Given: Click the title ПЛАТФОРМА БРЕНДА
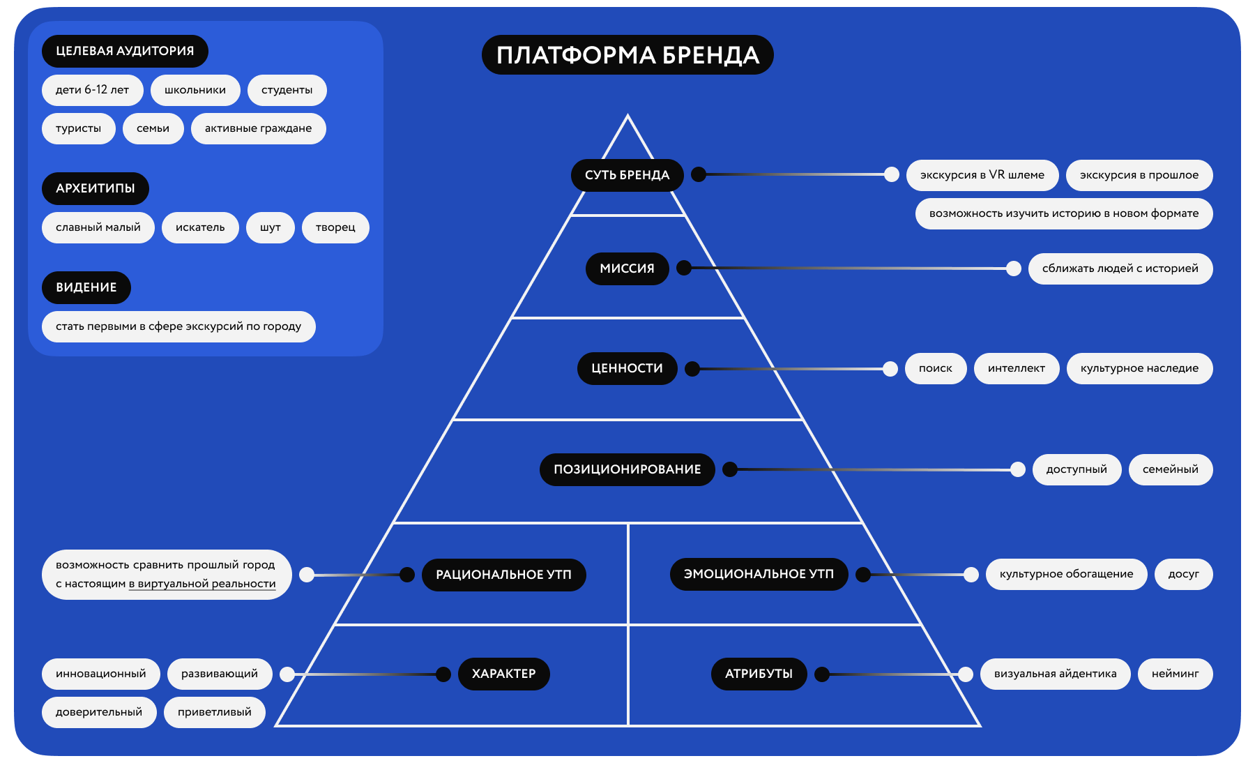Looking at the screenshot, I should (627, 55).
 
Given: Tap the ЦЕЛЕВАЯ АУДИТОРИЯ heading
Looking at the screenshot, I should (125, 51).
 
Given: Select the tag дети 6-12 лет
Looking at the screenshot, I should (92, 90).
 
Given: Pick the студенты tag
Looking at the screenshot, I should (287, 90).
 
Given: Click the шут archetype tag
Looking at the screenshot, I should (270, 227).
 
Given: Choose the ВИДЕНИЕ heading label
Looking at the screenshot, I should (86, 287).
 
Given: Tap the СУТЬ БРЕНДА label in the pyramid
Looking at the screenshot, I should (627, 175).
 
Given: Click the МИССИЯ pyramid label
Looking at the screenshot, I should (627, 269).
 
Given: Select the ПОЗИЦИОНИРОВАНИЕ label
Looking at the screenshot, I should (627, 469).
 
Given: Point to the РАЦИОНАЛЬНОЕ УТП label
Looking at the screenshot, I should (503, 575).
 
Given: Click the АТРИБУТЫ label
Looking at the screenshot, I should (759, 674).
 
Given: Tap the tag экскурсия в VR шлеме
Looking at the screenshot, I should (982, 175).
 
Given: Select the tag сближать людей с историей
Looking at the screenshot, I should (1120, 269).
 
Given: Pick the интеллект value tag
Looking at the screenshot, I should (1016, 368).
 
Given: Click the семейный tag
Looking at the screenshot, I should (1170, 469).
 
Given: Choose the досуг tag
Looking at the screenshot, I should (1183, 574).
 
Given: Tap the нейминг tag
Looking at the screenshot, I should (1175, 674).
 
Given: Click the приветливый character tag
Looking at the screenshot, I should (214, 712).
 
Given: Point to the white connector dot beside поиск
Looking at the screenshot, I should (890, 369).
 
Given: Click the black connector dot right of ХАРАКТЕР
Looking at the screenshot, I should (443, 674).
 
